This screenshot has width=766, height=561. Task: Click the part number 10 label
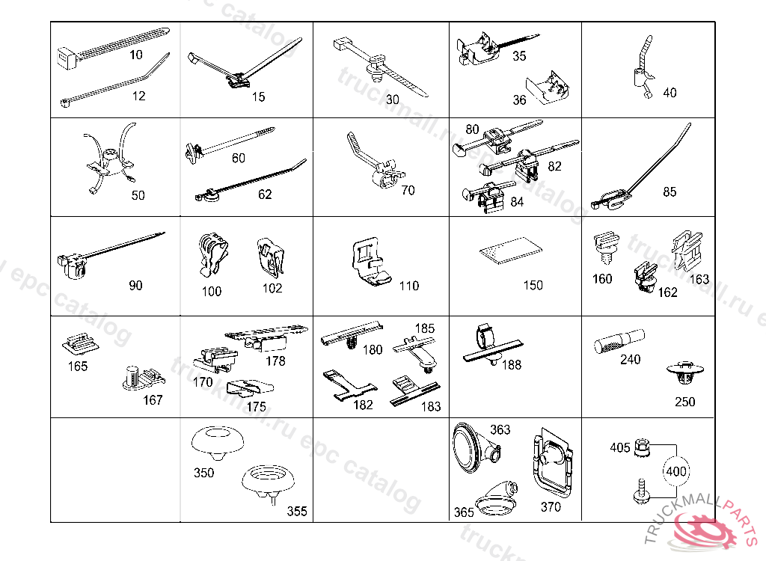pyautogui.click(x=136, y=55)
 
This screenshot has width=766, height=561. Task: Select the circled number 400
pyautogui.click(x=677, y=472)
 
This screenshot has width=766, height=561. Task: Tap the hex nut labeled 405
pyautogui.click(x=640, y=448)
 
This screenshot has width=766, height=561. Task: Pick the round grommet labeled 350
pyautogui.click(x=218, y=442)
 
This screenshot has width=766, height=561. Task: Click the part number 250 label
pyautogui.click(x=684, y=402)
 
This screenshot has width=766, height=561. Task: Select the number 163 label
pyautogui.click(x=699, y=279)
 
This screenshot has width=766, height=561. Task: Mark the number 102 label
pyautogui.click(x=273, y=288)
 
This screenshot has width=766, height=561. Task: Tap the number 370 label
pyautogui.click(x=551, y=506)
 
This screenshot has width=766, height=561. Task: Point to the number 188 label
pyautogui.click(x=512, y=365)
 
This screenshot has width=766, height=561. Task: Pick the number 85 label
pyautogui.click(x=670, y=192)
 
